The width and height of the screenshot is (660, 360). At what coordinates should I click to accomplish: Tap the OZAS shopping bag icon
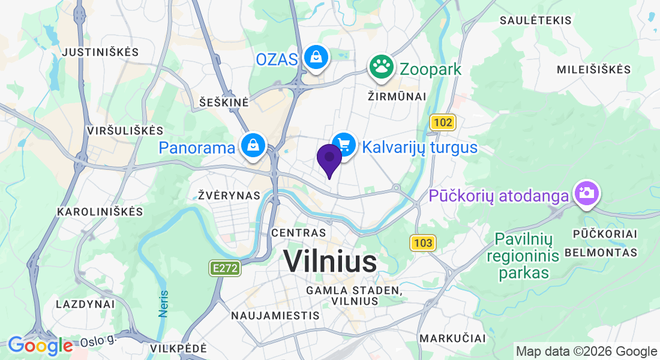(x=315, y=58)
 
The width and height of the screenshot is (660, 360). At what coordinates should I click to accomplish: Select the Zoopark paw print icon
(x=380, y=67)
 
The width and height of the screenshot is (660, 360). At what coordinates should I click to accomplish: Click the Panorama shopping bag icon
(x=253, y=146)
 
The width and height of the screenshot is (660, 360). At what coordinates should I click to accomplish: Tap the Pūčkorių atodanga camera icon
(x=585, y=193)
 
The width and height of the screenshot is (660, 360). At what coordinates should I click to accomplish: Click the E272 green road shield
(x=226, y=268)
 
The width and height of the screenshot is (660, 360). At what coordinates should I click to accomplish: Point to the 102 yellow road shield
(x=443, y=123)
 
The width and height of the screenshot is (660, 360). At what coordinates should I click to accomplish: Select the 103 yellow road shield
(x=423, y=243)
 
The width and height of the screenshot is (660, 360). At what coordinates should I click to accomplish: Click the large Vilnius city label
(x=330, y=262)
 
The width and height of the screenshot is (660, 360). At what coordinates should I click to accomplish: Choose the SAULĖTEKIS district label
(x=536, y=20)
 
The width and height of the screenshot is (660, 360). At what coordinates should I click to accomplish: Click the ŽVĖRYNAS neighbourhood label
(x=230, y=196)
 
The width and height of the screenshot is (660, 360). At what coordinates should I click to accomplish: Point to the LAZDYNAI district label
(x=85, y=304)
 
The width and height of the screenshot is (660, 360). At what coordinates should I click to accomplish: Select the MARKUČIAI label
(x=452, y=339)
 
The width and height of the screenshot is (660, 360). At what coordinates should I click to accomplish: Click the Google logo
(x=40, y=346)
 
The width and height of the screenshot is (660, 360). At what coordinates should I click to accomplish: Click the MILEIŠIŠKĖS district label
(x=594, y=70)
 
